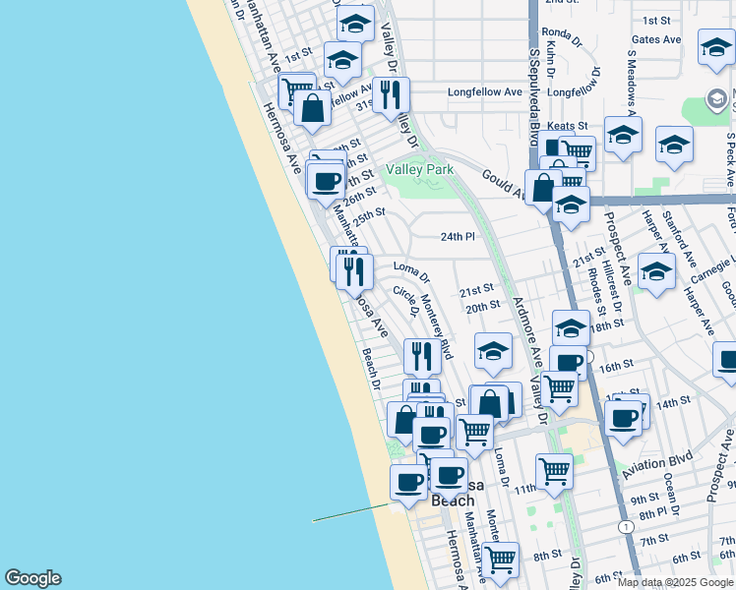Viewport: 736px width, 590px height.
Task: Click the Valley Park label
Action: tap(420, 169)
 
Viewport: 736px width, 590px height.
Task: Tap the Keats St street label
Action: tap(567, 126)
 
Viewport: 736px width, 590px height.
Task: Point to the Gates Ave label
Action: tap(656, 39)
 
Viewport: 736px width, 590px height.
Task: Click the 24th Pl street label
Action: tap(458, 237)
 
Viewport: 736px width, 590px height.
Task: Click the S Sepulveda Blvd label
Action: tap(535, 88)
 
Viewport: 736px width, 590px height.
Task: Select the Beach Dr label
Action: tap(371, 368)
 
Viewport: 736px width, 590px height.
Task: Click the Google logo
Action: tap(32, 578)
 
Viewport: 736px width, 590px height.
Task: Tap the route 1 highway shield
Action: tap(626, 527)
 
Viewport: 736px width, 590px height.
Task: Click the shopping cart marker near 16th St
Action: tap(560, 386)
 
